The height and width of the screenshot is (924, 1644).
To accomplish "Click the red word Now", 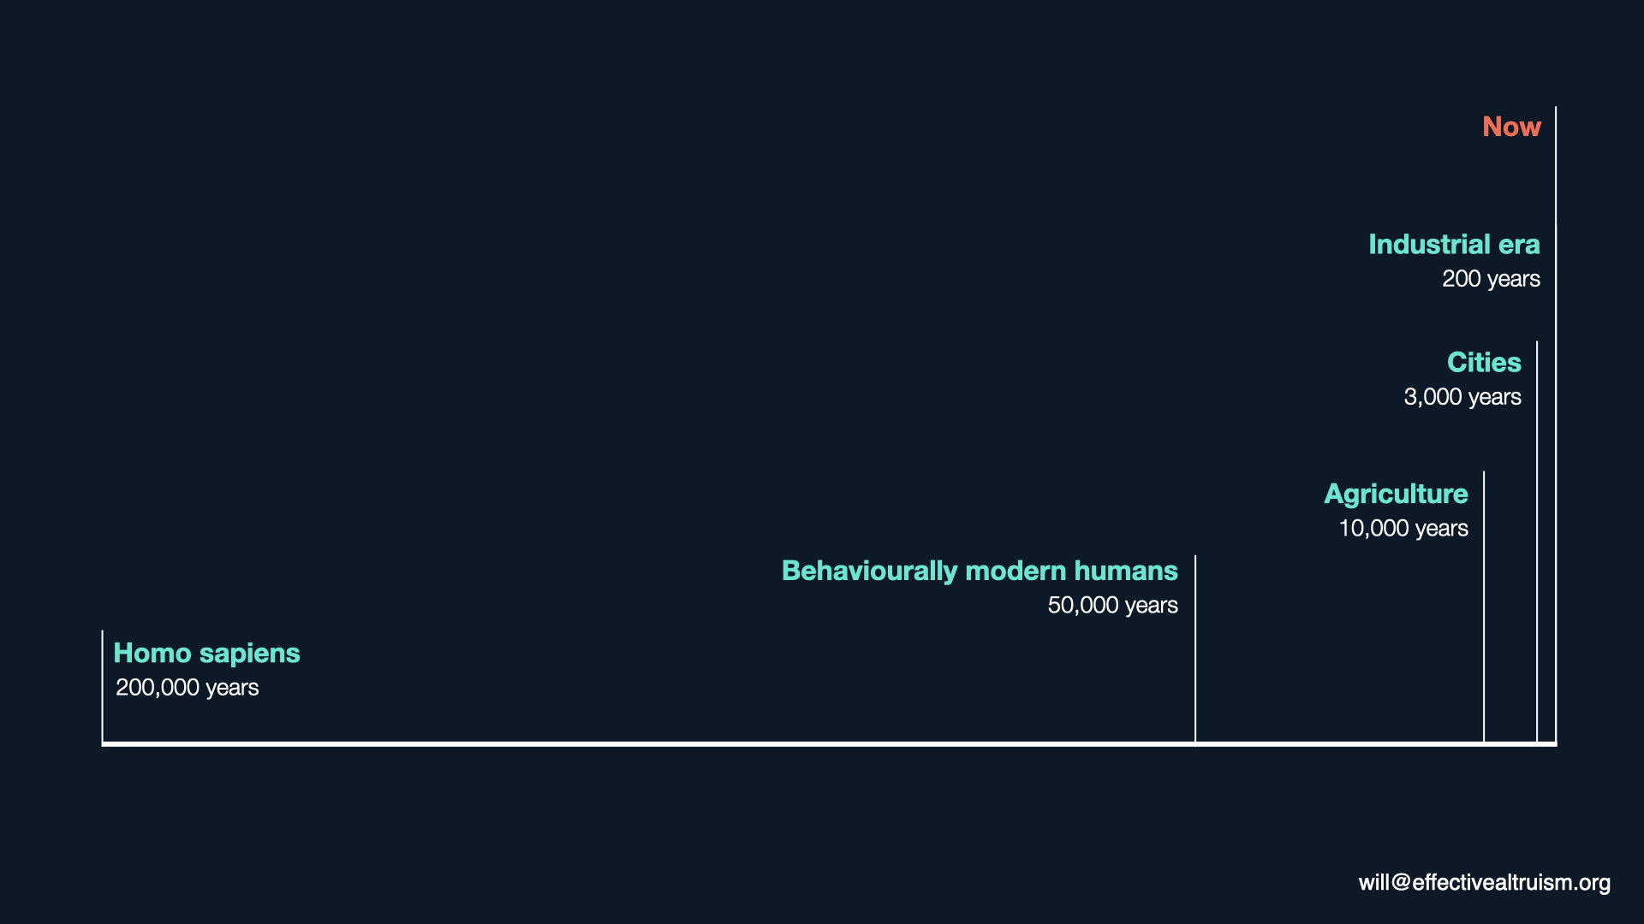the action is pyautogui.click(x=1511, y=127).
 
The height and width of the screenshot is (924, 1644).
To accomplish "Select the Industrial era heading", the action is pyautogui.click(x=1454, y=245).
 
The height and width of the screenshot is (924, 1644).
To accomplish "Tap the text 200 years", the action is pyautogui.click(x=1491, y=279).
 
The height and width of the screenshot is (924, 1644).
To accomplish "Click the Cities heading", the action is pyautogui.click(x=1484, y=363).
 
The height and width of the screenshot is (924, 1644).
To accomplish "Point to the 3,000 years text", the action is pyautogui.click(x=1462, y=397).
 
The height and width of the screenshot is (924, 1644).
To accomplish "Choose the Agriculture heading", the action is pyautogui.click(x=1396, y=495).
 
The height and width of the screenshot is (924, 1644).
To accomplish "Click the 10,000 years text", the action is pyautogui.click(x=1403, y=529).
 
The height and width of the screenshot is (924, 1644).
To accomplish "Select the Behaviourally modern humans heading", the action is pyautogui.click(x=980, y=572).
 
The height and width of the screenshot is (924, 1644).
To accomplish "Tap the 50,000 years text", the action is pyautogui.click(x=1112, y=606).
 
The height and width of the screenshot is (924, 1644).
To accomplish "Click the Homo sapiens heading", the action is pyautogui.click(x=206, y=654).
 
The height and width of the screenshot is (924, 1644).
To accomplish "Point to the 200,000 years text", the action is pyautogui.click(x=187, y=688).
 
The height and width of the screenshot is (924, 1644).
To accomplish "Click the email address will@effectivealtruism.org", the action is pyautogui.click(x=1484, y=882).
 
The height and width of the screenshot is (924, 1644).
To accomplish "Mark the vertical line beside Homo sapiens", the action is pyautogui.click(x=102, y=686).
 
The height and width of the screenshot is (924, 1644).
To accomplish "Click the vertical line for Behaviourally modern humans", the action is pyautogui.click(x=1195, y=649).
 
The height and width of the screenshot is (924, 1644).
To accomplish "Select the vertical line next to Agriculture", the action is pyautogui.click(x=1484, y=607).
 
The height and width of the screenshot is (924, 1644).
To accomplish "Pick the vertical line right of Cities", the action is pyautogui.click(x=1537, y=542).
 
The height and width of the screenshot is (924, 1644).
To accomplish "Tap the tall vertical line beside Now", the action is pyautogui.click(x=1556, y=424).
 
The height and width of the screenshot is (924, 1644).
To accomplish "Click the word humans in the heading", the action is pyautogui.click(x=1126, y=572).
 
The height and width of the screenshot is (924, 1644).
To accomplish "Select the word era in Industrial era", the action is pyautogui.click(x=1519, y=246).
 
